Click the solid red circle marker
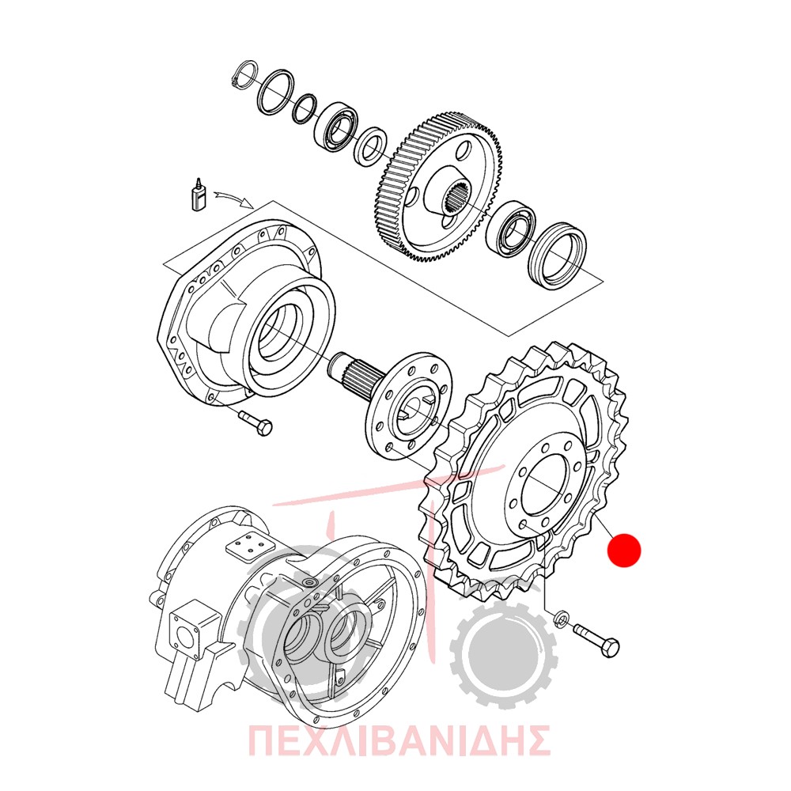[x=624, y=550]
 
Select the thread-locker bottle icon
[x=199, y=195]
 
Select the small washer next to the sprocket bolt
[x=561, y=619]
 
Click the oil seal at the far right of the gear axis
[x=558, y=255]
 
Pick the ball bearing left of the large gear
[x=335, y=127]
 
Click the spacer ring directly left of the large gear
[x=371, y=146]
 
